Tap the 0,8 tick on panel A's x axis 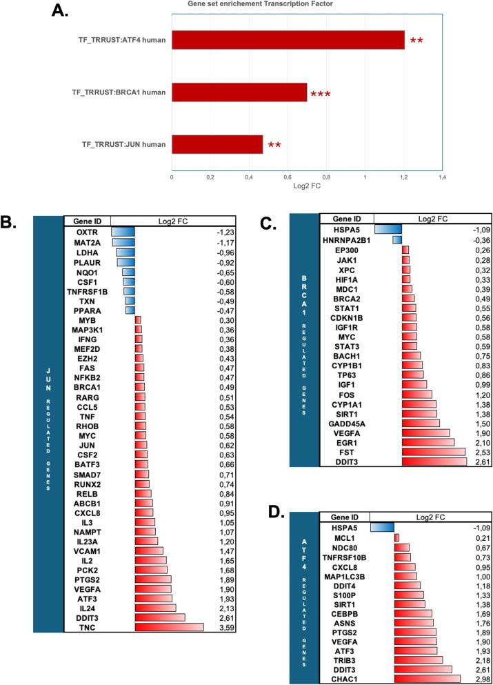(326, 177)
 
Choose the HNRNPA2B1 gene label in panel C (348, 239)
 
